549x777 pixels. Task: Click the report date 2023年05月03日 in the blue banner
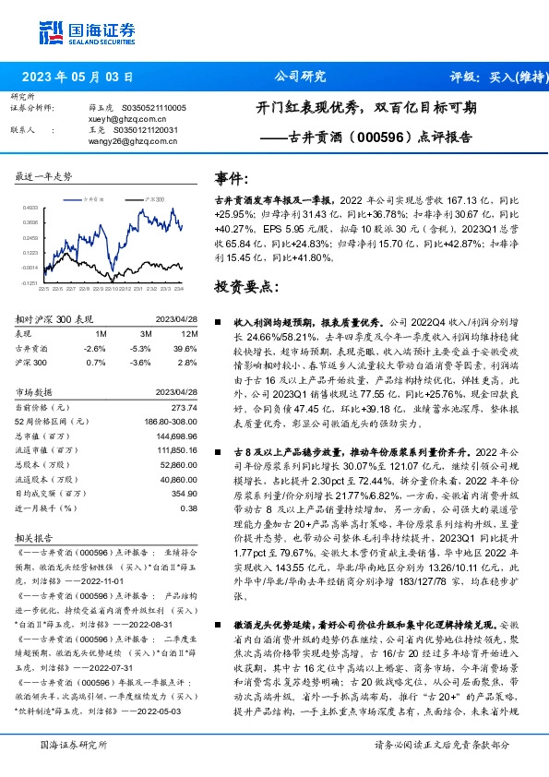78,77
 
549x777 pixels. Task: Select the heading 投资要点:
245,286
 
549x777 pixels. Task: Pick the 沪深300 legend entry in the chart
153,199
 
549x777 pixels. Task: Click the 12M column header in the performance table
190,332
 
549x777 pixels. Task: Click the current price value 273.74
185,407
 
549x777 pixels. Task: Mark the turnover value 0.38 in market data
189,508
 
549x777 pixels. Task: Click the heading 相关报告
37,537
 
